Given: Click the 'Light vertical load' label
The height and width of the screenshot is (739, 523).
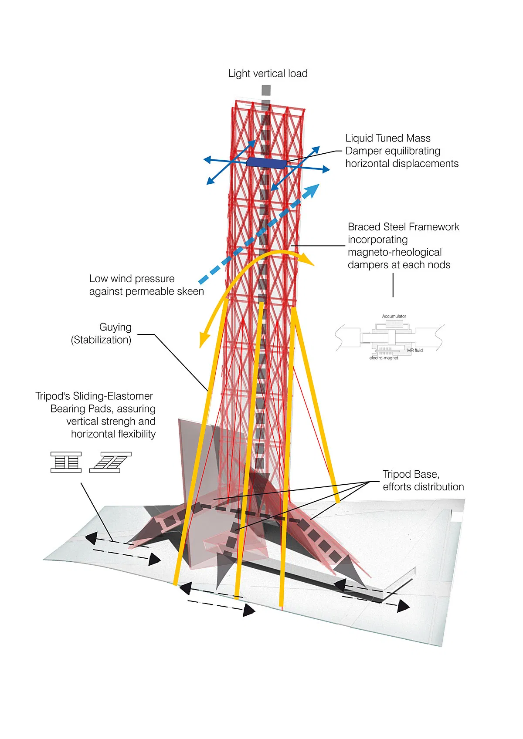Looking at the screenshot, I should [268, 74].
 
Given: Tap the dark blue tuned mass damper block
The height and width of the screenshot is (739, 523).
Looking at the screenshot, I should [266, 162].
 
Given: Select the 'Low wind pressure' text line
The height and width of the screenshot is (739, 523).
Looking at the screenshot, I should [132, 279].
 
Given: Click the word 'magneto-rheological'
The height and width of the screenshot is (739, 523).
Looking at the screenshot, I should [394, 252].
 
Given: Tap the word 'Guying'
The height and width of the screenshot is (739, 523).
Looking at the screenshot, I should [115, 327].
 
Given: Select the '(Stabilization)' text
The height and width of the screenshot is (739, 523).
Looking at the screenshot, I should [101, 340].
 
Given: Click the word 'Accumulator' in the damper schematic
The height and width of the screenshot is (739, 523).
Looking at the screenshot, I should [394, 316].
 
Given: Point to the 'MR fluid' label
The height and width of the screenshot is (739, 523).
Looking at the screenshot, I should [415, 350].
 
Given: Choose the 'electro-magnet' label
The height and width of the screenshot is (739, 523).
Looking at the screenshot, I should [384, 358].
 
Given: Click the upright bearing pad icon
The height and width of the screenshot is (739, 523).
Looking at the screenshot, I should [66, 462].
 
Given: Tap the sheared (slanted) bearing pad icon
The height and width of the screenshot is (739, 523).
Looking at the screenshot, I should [110, 462].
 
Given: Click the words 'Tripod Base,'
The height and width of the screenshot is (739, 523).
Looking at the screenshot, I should [411, 474].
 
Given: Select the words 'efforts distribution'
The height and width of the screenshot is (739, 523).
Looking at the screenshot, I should [423, 487].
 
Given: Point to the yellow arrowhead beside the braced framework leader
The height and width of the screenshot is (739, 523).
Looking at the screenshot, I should [309, 260].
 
